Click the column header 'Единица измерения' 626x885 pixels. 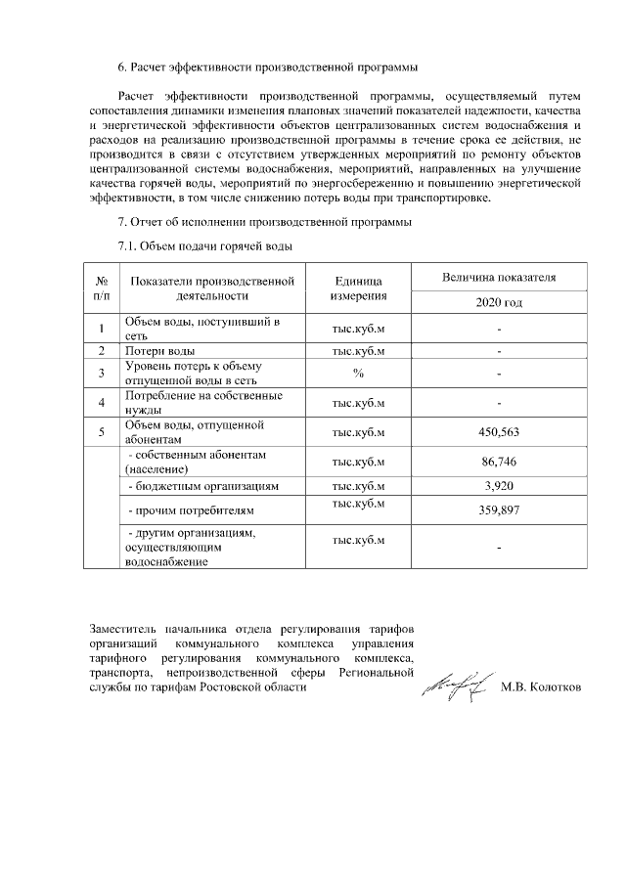pyautogui.click(x=358, y=288)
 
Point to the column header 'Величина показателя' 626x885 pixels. pyautogui.click(x=499, y=277)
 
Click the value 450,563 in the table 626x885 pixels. pyautogui.click(x=499, y=432)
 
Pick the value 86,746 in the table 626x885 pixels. pyautogui.click(x=499, y=462)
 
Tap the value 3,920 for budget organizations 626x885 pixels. pyautogui.click(x=499, y=485)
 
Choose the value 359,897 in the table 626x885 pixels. pyautogui.click(x=499, y=509)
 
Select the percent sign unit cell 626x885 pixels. pyautogui.click(x=358, y=373)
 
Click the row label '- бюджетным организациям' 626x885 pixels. pyautogui.click(x=204, y=485)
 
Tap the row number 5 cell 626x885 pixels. pyautogui.click(x=102, y=432)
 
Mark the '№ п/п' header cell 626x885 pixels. pyautogui.click(x=102, y=288)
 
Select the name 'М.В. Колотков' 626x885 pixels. pyautogui.click(x=540, y=686)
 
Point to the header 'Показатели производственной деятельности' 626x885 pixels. pyautogui.click(x=211, y=288)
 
